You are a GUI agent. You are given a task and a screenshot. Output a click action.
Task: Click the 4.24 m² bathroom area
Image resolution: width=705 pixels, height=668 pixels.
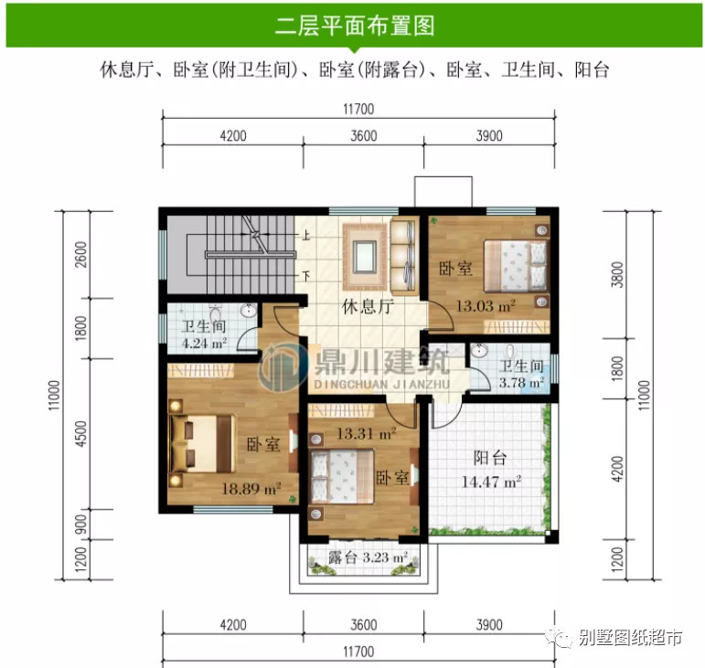click(202, 344)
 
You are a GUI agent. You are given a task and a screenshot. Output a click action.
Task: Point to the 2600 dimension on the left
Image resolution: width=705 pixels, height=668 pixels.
click(81, 251)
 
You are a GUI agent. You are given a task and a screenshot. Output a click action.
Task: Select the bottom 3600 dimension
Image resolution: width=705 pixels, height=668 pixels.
click(363, 626)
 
